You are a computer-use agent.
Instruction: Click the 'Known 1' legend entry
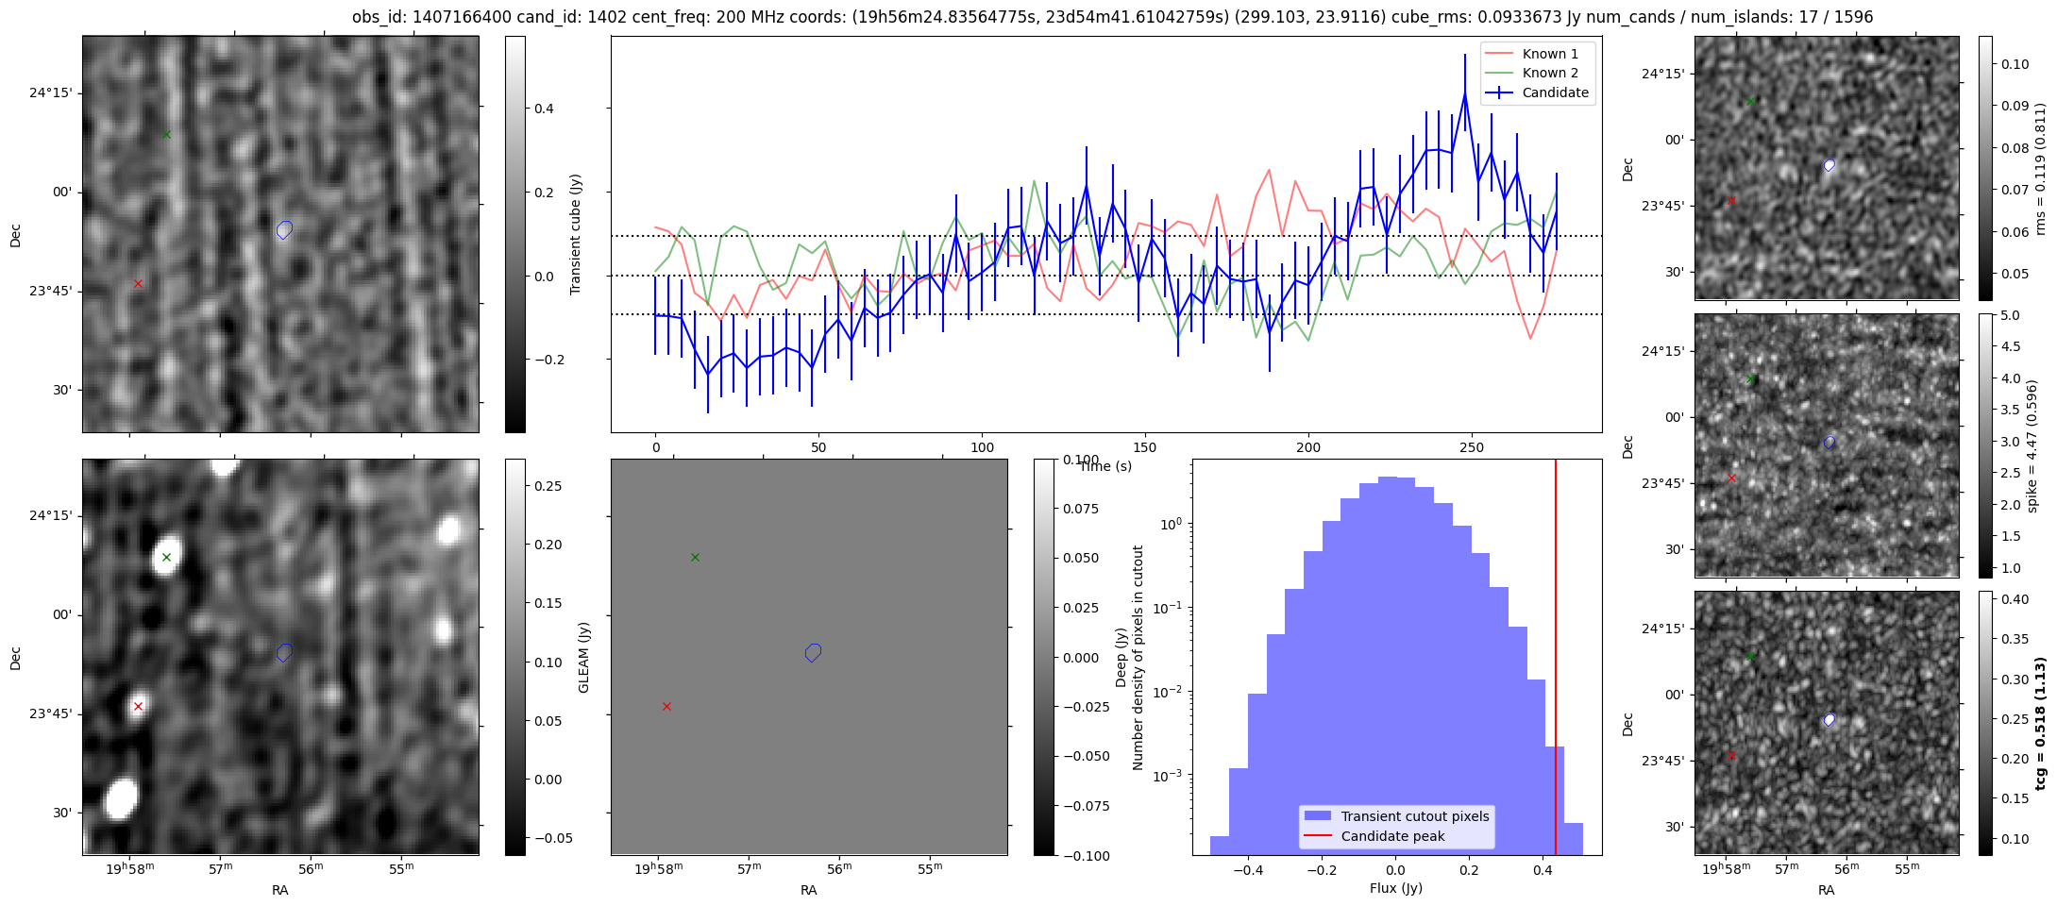[1549, 54]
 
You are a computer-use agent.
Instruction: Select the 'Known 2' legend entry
[1549, 73]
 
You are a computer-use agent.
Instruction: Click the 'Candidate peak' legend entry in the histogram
[1392, 836]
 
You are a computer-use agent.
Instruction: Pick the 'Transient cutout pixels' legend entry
[1414, 816]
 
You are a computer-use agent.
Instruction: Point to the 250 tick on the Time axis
[1472, 447]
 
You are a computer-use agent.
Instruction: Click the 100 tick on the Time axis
[982, 447]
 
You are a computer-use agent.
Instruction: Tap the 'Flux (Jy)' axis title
[1395, 888]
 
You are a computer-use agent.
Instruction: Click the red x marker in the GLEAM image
[138, 706]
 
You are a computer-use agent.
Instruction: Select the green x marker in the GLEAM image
[166, 557]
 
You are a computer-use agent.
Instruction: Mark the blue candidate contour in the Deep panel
[813, 652]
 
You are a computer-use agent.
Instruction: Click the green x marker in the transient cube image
[166, 134]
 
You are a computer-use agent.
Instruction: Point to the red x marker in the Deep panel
[666, 706]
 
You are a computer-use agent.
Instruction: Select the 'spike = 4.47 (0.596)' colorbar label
[2032, 446]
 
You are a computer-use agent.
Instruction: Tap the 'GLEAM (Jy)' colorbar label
[583, 658]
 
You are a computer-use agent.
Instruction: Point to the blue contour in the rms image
[1829, 165]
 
